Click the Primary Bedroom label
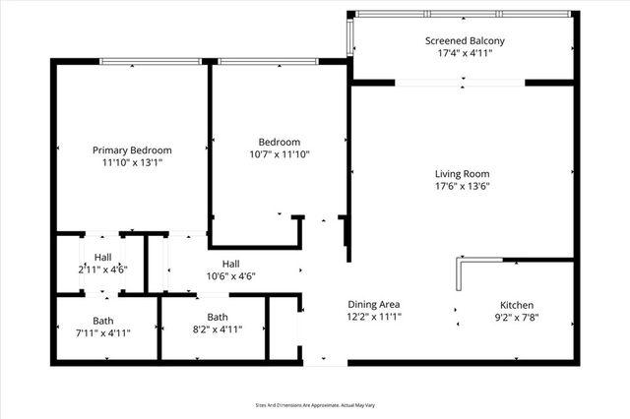click(132, 150)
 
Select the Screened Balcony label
click(465, 40)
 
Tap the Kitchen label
click(517, 304)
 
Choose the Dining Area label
click(374, 304)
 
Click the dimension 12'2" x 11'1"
click(374, 317)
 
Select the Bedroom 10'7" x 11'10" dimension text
click(280, 154)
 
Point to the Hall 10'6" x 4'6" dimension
click(231, 276)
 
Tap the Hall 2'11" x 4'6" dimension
click(103, 269)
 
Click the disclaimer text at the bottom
click(315, 404)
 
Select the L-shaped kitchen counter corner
click(461, 262)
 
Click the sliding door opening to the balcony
click(461, 83)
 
